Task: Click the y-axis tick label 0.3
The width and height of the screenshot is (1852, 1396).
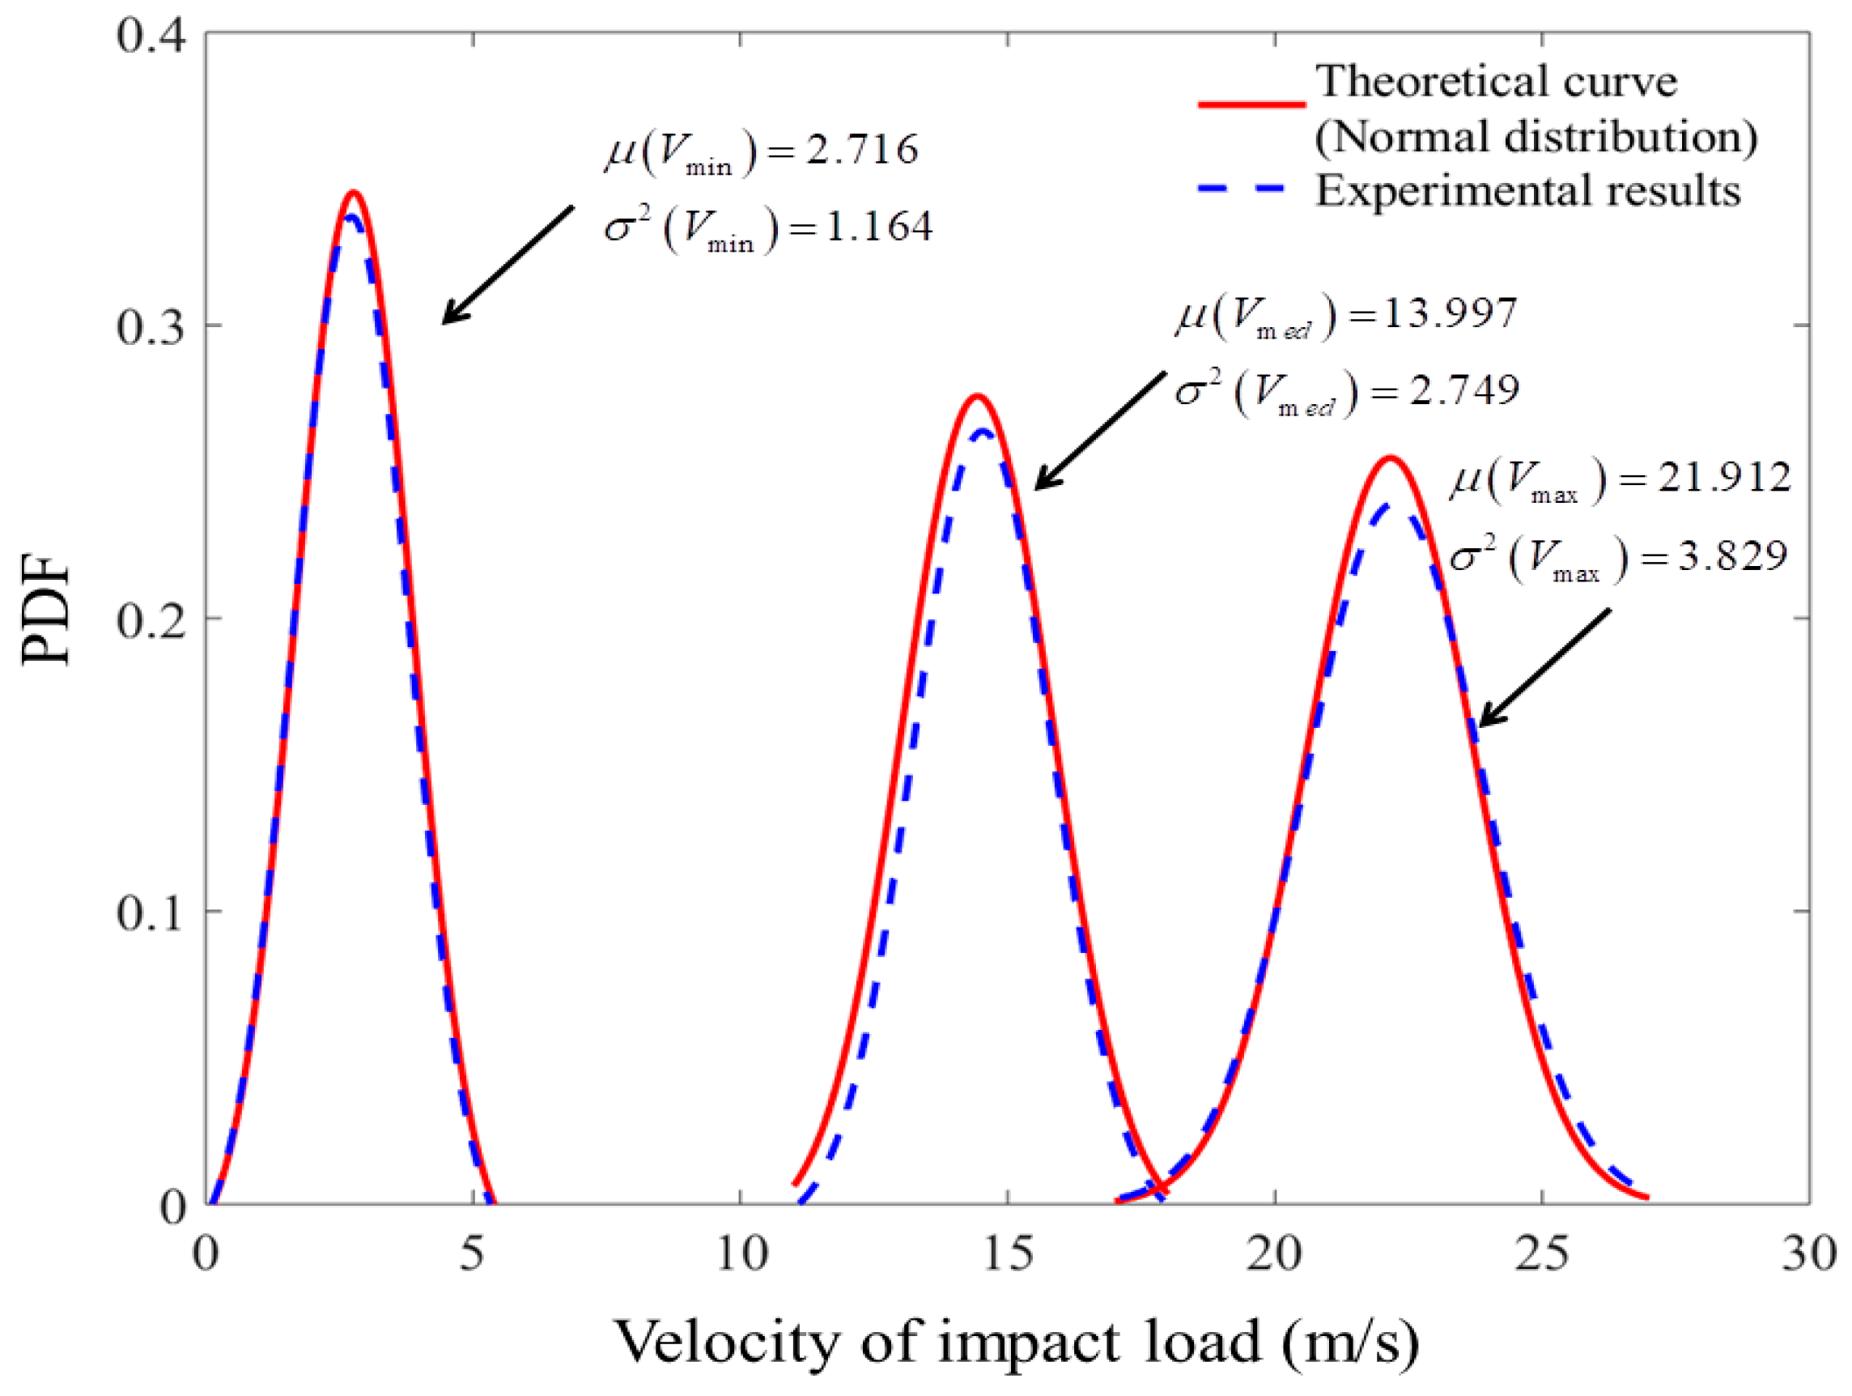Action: coord(150,326)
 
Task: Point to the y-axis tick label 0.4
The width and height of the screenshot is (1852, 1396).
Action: coord(150,35)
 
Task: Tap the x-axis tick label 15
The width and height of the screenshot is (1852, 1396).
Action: coord(1007,1254)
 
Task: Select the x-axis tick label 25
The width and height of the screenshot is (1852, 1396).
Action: coord(1541,1254)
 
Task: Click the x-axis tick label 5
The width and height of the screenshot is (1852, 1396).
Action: coord(473,1254)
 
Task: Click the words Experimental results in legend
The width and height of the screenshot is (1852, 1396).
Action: coord(1528,190)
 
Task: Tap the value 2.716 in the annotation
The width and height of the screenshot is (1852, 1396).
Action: coord(862,149)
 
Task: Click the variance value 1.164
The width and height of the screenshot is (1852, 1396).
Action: coord(879,227)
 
